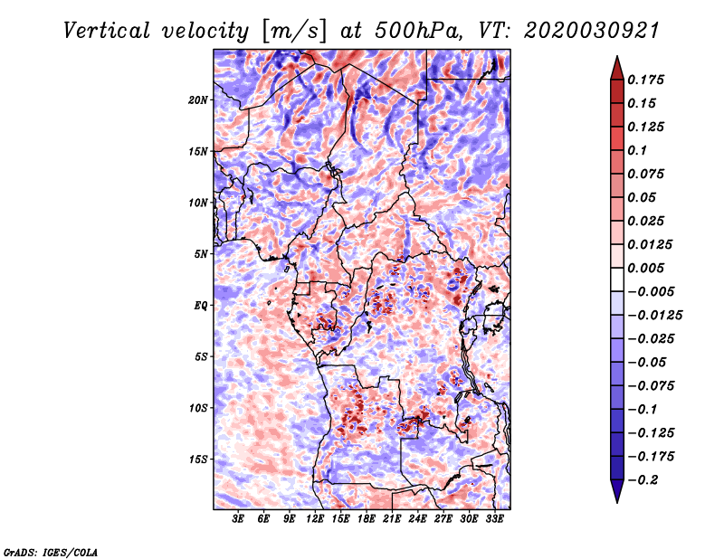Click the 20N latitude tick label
point(198,100)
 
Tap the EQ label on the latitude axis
point(201,306)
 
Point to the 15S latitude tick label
point(198,460)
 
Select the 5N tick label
point(201,254)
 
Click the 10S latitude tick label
point(198,408)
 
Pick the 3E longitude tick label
point(238,518)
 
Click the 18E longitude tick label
point(367,518)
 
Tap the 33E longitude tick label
point(494,518)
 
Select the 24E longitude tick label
point(417,518)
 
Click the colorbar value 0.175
point(645,80)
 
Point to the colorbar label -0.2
point(643,480)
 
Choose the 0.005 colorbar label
point(645,268)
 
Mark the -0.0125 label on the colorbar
point(654,316)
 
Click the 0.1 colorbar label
point(637,150)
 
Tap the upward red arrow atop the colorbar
point(617,68)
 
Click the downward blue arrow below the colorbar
point(617,491)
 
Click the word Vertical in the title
point(107,31)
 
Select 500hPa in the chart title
point(417,31)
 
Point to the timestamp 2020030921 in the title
point(592,31)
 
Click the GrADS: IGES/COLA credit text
point(51,552)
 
